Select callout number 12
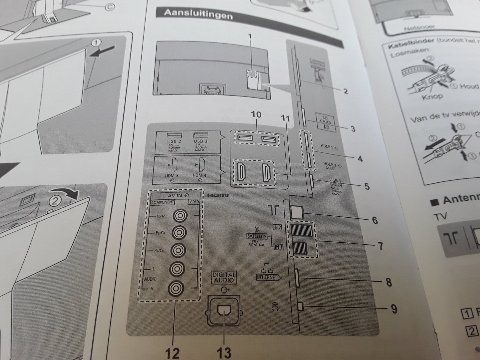(174, 352)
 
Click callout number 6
(375, 220)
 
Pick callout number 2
(346, 91)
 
